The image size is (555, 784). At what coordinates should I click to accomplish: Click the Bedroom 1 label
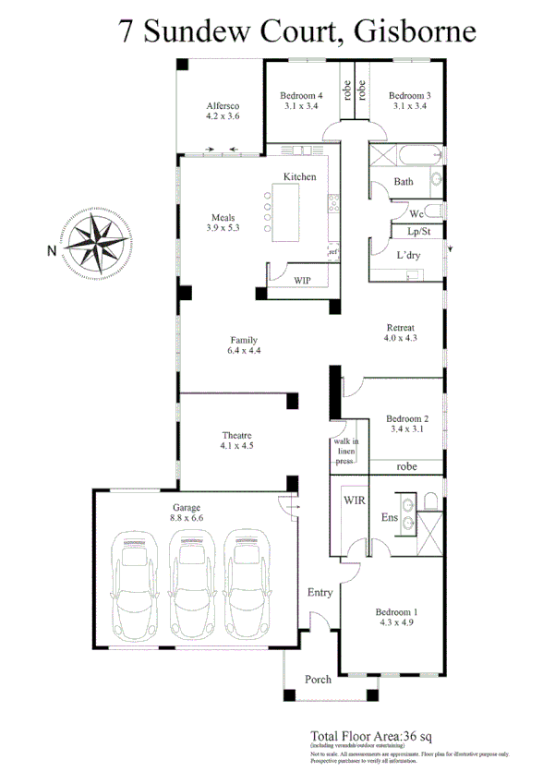[396, 612]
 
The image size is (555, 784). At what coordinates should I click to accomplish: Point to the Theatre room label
[236, 435]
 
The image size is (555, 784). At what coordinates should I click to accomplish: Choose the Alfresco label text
[223, 106]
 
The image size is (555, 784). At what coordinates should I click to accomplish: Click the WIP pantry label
[302, 279]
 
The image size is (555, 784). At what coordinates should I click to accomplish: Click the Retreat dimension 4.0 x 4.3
[400, 339]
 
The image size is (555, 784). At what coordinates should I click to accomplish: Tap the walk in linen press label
[345, 452]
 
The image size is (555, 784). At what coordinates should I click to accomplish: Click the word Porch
[319, 680]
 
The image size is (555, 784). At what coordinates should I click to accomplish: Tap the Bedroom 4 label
[301, 95]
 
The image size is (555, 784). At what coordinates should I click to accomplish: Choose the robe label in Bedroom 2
[406, 467]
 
